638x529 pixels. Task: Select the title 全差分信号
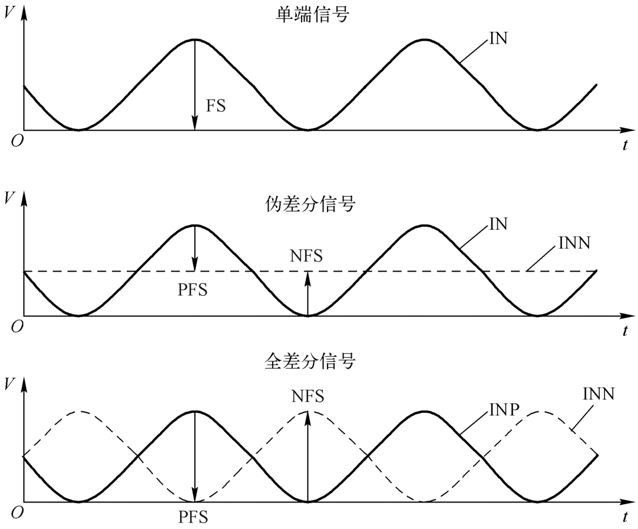click(310, 361)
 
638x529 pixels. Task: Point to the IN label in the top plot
click(497, 39)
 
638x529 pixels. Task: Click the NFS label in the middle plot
click(307, 256)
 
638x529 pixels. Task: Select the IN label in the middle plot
click(497, 224)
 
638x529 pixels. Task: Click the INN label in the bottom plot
click(598, 393)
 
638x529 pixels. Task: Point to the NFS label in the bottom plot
click(307, 395)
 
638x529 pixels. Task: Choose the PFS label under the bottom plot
click(193, 518)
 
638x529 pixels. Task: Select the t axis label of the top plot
click(624, 144)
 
